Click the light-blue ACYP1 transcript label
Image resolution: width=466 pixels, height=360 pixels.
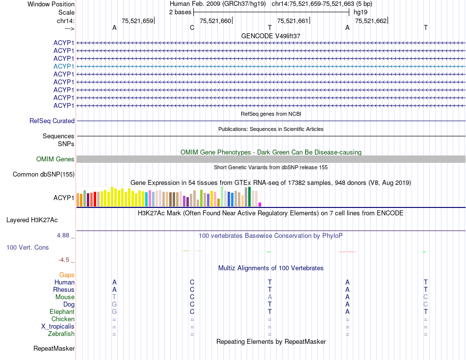click(x=64, y=66)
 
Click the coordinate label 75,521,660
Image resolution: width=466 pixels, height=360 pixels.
click(x=215, y=21)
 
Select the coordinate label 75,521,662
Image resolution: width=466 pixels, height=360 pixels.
click(x=370, y=21)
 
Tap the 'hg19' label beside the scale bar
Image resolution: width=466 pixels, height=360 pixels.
click(x=361, y=12)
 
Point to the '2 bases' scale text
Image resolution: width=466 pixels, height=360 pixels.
click(x=180, y=12)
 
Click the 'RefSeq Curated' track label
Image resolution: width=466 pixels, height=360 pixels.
click(x=52, y=121)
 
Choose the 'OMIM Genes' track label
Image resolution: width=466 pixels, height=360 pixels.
click(x=55, y=159)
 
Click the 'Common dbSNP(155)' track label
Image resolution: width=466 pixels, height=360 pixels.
click(x=44, y=175)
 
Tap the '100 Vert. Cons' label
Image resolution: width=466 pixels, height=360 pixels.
click(x=27, y=247)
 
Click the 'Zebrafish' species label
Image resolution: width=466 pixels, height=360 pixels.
click(x=62, y=334)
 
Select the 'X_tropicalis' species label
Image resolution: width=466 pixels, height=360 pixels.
click(x=58, y=327)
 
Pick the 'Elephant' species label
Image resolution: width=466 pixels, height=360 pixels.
click(x=62, y=312)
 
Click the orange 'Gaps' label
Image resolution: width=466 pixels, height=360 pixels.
click(x=67, y=275)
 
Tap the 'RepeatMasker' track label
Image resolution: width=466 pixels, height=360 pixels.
click(x=54, y=349)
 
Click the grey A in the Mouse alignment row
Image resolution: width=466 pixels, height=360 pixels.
click(x=269, y=297)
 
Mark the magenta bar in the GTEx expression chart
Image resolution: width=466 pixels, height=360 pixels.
click(x=260, y=204)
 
